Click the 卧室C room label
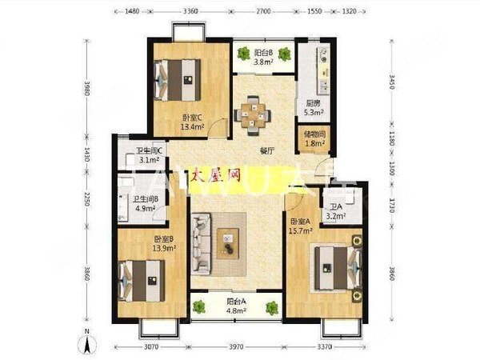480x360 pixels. (x=190, y=115)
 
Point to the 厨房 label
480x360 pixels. (x=313, y=102)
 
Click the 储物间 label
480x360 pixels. (x=314, y=134)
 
